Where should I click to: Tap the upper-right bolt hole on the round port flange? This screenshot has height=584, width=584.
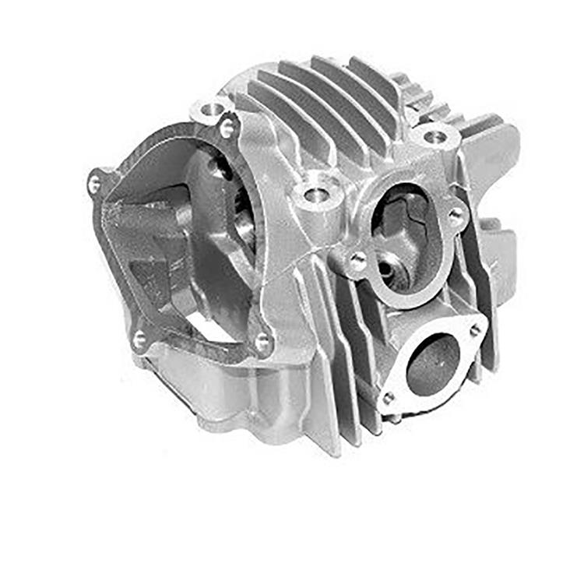pos(474,331)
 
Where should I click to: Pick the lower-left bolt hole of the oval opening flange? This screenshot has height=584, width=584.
pos(358,261)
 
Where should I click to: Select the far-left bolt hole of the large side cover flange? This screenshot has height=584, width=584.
pos(94,184)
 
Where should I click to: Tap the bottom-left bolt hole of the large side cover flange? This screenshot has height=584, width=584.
pos(139,338)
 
